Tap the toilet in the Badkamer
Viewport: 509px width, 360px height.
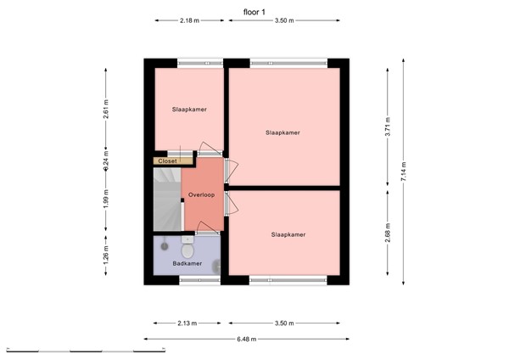click(187, 249)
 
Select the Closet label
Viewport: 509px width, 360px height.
click(166, 160)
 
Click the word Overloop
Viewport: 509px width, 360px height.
click(202, 194)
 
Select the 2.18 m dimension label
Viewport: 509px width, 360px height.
click(190, 21)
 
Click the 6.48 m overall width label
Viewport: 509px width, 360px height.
click(246, 339)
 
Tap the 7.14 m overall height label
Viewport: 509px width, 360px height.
click(403, 166)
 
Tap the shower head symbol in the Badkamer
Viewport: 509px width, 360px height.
click(164, 245)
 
